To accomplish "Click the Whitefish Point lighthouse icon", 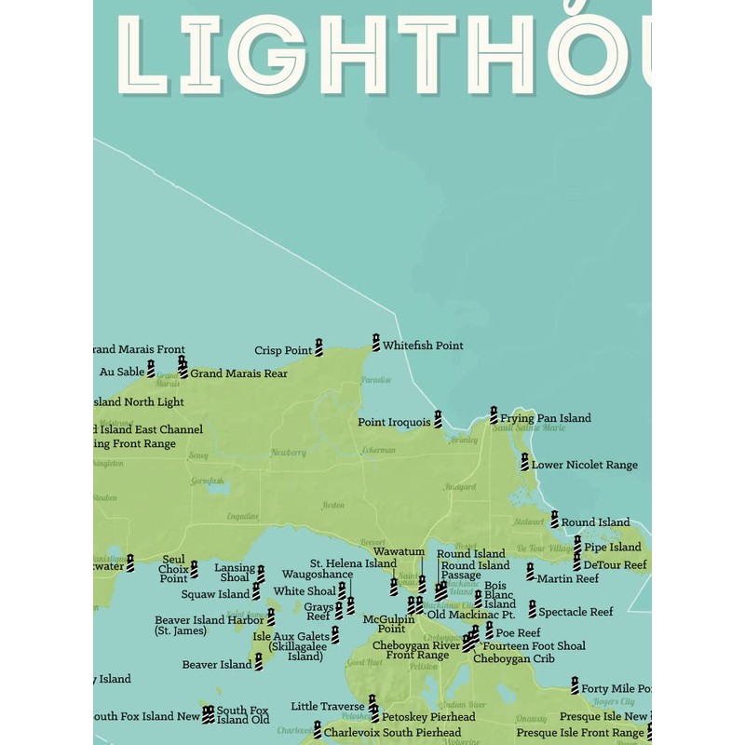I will [376, 342].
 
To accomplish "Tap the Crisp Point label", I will [283, 351].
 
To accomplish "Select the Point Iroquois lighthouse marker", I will [438, 420].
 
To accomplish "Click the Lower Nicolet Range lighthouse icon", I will [524, 462].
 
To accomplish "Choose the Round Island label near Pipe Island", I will [595, 522].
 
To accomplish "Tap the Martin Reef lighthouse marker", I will [530, 571].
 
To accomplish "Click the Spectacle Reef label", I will [576, 612].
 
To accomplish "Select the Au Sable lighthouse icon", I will [151, 369].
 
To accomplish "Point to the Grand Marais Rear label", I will [238, 373].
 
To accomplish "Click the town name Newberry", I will [288, 453].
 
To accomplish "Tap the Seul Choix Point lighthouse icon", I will [195, 569].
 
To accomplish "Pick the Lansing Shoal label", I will [235, 573].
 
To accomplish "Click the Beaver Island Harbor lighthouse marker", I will [271, 616].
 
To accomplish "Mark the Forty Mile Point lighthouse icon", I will [575, 685].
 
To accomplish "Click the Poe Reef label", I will [518, 632].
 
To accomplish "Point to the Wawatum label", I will [399, 551].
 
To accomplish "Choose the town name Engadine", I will [243, 515].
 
